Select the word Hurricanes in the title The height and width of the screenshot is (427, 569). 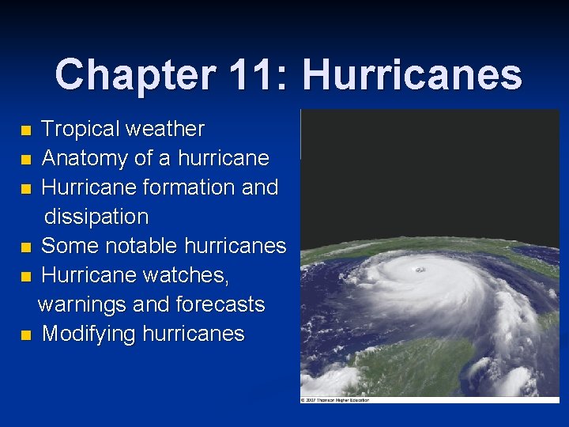coord(412,75)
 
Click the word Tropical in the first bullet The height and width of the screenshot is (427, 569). coord(80,129)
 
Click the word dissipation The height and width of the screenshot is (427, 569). coord(96,217)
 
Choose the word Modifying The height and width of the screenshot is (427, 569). coord(89,334)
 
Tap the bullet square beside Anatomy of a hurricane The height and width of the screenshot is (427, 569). coord(27,160)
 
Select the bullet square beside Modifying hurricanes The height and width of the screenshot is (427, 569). coord(27,335)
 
